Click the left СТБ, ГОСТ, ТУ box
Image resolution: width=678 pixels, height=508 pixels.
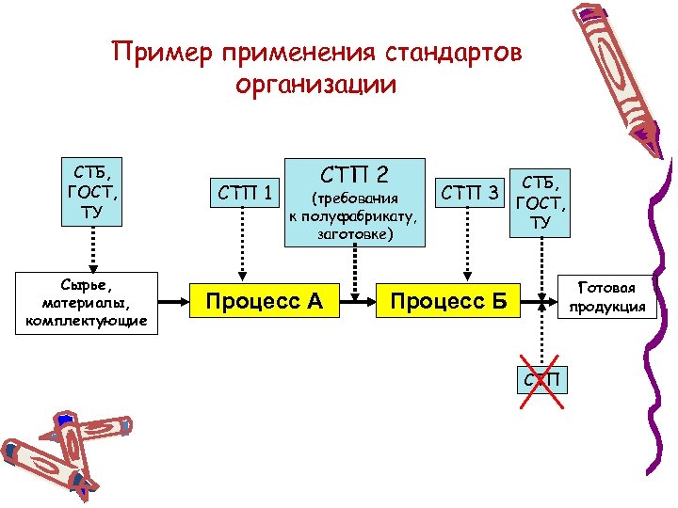tap(91, 193)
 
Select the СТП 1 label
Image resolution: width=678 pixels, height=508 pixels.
tap(245, 194)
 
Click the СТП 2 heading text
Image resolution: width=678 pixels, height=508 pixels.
tap(354, 174)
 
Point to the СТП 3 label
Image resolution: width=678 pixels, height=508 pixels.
tap(470, 194)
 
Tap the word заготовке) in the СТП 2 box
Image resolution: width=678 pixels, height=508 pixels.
tap(354, 234)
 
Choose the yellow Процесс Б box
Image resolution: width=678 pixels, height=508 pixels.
tap(448, 302)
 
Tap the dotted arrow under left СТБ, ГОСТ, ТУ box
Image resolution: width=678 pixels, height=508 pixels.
tap(91, 249)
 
